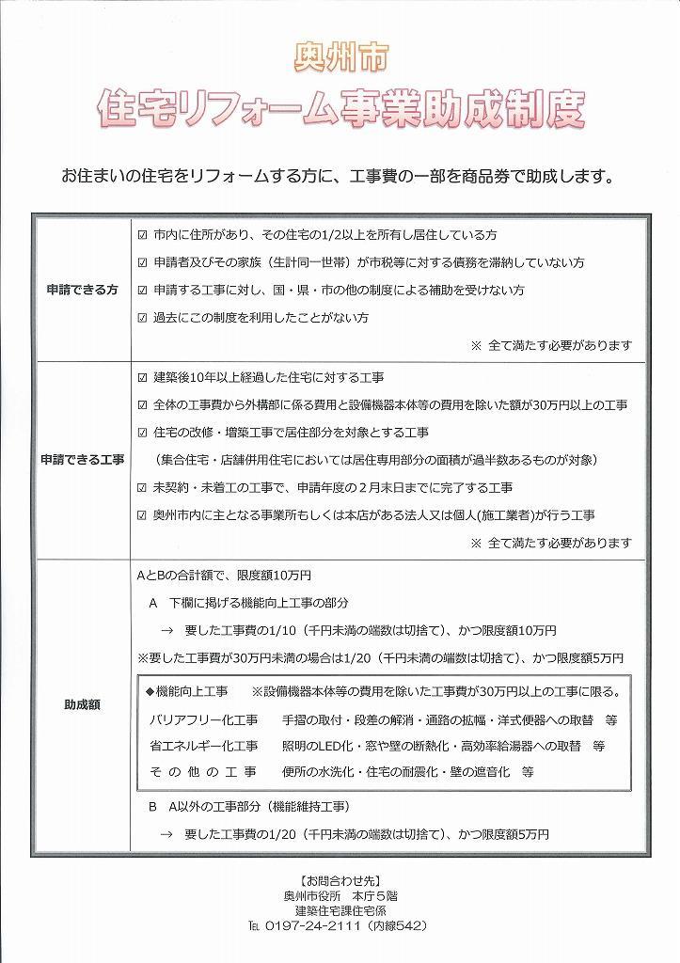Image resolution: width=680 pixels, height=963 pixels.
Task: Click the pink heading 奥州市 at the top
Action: point(340,57)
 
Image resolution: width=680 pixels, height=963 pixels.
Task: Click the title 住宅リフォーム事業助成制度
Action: point(340,110)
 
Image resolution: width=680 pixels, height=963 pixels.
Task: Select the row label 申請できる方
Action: point(82,290)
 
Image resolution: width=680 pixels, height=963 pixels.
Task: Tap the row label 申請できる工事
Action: point(82,460)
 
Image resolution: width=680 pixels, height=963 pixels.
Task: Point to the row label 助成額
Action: point(82,703)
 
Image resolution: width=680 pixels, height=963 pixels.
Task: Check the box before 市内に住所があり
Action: point(143,233)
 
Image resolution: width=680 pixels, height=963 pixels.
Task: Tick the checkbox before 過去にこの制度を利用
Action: point(143,318)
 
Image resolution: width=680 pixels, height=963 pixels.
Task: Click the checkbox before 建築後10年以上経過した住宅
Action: point(143,377)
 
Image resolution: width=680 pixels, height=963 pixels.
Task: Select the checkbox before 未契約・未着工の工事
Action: point(143,487)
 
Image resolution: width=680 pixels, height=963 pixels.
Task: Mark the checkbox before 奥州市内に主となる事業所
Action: point(143,515)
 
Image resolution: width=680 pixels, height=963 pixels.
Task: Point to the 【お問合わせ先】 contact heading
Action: point(340,881)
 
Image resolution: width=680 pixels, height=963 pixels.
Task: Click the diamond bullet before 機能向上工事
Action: point(150,692)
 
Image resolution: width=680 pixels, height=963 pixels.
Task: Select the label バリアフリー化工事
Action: point(203,719)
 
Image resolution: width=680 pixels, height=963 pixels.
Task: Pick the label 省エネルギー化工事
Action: point(203,746)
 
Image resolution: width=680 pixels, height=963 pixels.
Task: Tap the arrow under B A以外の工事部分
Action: point(166,834)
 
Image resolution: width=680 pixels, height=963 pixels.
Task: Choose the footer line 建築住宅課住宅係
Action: point(340,910)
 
